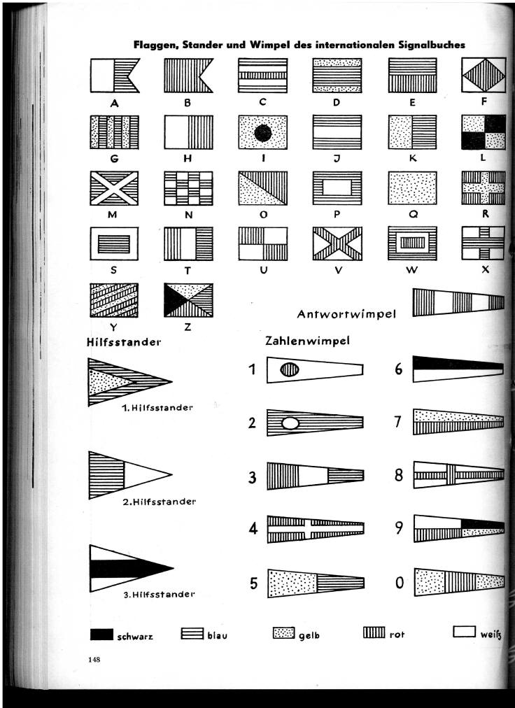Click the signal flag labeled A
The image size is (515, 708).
point(115,76)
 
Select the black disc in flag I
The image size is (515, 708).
point(263,133)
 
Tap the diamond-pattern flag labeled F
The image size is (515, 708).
point(484,75)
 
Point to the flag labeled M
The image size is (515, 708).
point(114,187)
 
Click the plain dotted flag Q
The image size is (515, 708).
point(412,187)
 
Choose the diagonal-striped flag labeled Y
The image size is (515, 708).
point(114,300)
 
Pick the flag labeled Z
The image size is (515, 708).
point(188,300)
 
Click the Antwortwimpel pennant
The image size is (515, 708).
point(458,302)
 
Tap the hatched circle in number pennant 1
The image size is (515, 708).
point(290,370)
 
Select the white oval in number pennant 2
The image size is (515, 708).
point(290,423)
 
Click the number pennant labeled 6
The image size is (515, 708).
point(458,369)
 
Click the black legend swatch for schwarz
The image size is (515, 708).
point(101,635)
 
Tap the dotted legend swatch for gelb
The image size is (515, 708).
point(283,633)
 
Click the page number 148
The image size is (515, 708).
point(94,660)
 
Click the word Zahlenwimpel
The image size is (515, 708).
point(308,341)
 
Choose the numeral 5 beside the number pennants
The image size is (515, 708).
point(253,583)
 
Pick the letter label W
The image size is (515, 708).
point(411,270)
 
